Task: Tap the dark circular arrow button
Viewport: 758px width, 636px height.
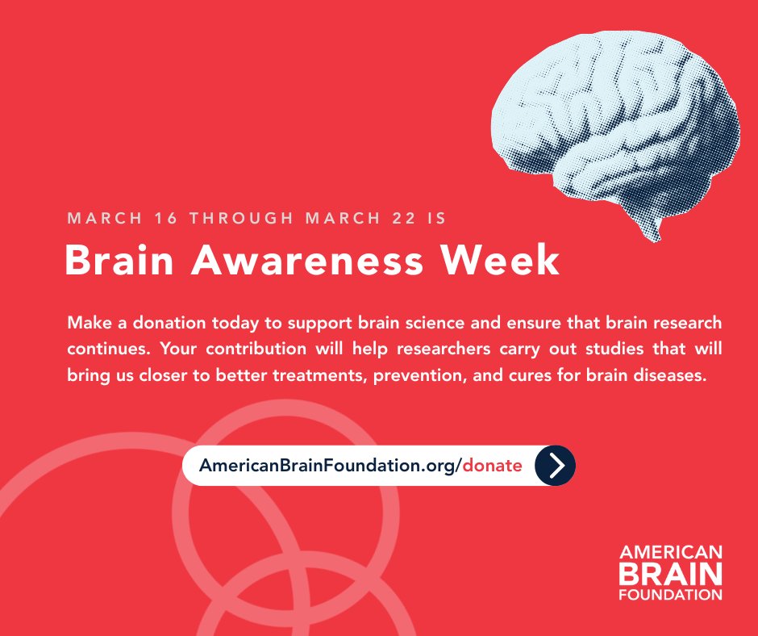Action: coord(555,466)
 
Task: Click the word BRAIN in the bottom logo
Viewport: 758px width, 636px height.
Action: coord(671,574)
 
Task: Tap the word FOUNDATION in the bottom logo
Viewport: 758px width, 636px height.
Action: coord(671,595)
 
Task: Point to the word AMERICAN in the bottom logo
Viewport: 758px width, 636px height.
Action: coord(671,554)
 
